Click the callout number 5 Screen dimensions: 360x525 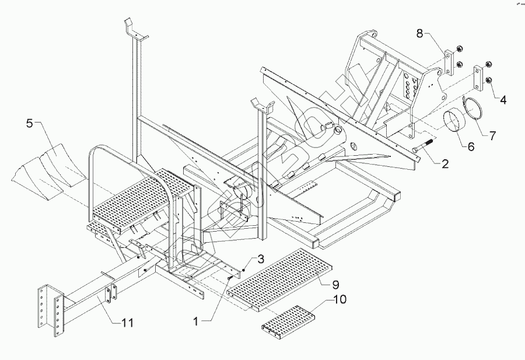click(30, 124)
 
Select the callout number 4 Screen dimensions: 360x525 click(502, 100)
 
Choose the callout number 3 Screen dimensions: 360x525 click(261, 258)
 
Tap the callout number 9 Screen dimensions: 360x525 click(335, 285)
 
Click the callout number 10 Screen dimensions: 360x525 click(339, 299)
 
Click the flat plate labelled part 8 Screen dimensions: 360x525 click(449, 62)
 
